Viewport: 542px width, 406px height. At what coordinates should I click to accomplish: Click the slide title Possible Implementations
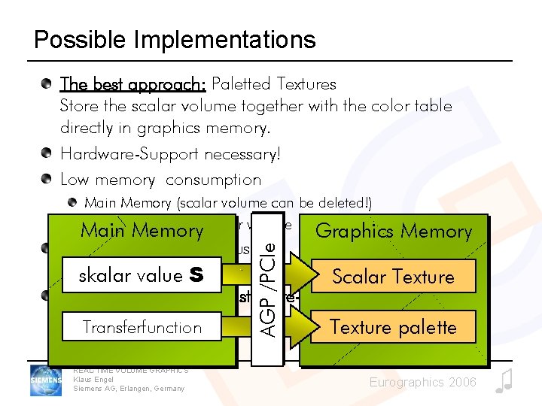tap(175, 39)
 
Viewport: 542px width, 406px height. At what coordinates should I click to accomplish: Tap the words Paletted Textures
tap(274, 83)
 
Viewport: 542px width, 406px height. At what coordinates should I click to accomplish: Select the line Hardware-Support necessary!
tap(170, 154)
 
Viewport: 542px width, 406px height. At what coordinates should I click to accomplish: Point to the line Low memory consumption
tap(160, 180)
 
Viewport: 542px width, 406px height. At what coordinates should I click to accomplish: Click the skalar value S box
tap(141, 276)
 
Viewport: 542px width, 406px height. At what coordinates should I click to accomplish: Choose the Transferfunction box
tap(141, 327)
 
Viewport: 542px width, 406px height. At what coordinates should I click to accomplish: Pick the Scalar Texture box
tap(393, 277)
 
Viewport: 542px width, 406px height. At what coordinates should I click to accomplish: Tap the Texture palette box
tap(393, 327)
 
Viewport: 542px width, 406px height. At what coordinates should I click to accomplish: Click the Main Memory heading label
tap(142, 230)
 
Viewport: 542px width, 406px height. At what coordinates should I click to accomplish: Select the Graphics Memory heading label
tap(393, 231)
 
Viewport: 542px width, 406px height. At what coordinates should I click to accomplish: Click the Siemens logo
tap(47, 380)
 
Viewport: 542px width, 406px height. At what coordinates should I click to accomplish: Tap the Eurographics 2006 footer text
tap(422, 383)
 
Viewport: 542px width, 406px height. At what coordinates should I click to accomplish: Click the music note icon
tap(504, 380)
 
